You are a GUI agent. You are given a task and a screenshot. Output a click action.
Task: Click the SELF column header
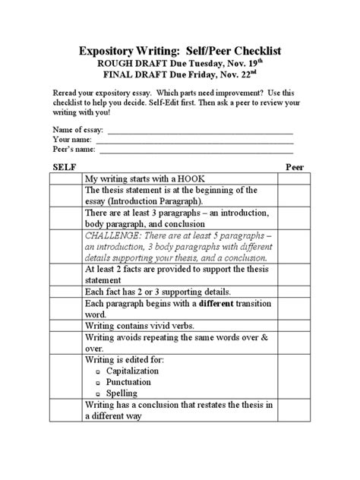(x=63, y=166)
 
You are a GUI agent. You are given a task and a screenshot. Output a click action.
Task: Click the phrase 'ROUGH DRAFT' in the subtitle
(x=125, y=65)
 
